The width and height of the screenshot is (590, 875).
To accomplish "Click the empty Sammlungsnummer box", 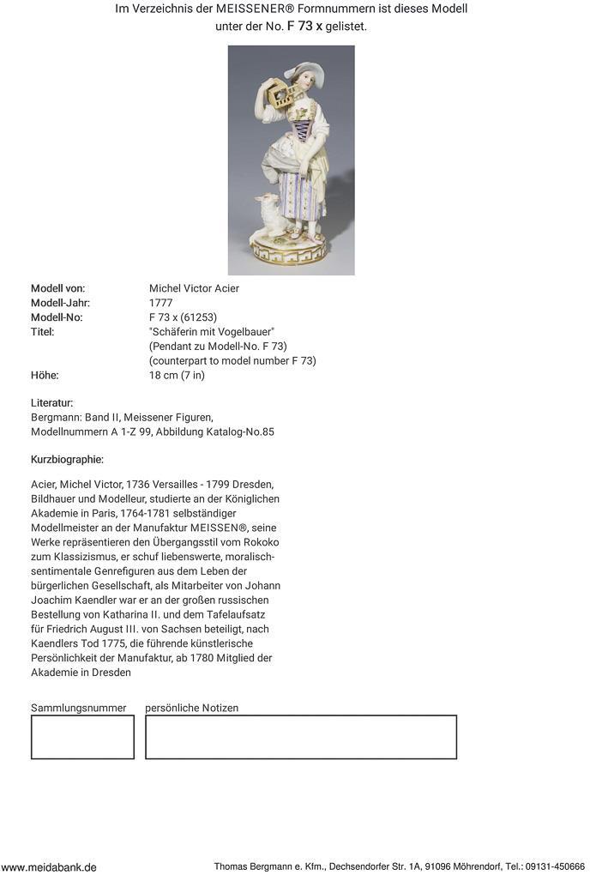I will click(x=82, y=737).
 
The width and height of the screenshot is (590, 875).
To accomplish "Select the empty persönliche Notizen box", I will click(x=300, y=737).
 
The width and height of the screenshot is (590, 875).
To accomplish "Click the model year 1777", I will click(x=160, y=303).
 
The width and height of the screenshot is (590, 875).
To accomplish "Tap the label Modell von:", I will click(x=57, y=288).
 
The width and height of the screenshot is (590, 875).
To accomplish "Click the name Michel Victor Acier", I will click(x=194, y=288).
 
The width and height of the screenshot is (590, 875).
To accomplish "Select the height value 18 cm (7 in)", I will click(x=177, y=375).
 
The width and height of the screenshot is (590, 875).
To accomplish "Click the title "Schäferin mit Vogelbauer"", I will click(x=211, y=332).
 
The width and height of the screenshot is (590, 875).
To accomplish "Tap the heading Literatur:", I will click(x=52, y=402).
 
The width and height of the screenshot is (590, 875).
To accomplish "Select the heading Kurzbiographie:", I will click(x=67, y=460).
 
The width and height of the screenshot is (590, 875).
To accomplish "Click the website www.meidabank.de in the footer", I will click(x=49, y=867).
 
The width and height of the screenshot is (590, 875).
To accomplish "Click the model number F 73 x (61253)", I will click(x=182, y=317).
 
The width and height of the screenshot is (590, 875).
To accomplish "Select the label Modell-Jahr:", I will click(x=60, y=303).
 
